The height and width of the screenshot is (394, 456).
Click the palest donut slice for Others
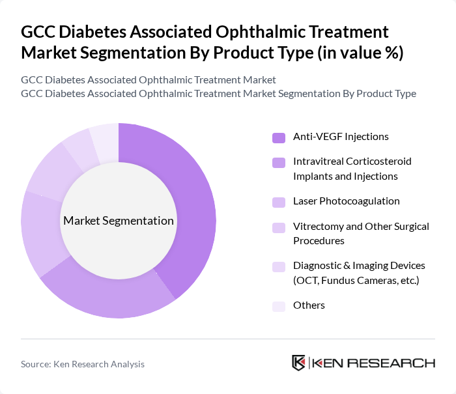(x=105, y=137)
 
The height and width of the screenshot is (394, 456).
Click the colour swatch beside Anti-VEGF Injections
(x=279, y=137)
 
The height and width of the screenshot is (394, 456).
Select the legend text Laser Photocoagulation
(x=347, y=201)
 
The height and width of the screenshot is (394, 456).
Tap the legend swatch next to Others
(x=279, y=306)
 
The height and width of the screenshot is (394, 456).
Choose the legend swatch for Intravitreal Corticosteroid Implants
(x=279, y=162)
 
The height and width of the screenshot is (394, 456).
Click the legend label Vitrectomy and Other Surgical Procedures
(x=361, y=234)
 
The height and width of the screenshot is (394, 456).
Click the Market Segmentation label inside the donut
(x=119, y=221)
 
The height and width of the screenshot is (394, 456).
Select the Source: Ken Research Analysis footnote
(x=83, y=364)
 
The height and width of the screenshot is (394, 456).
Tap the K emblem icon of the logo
(x=299, y=363)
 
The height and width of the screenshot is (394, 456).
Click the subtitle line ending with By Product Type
(x=218, y=93)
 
